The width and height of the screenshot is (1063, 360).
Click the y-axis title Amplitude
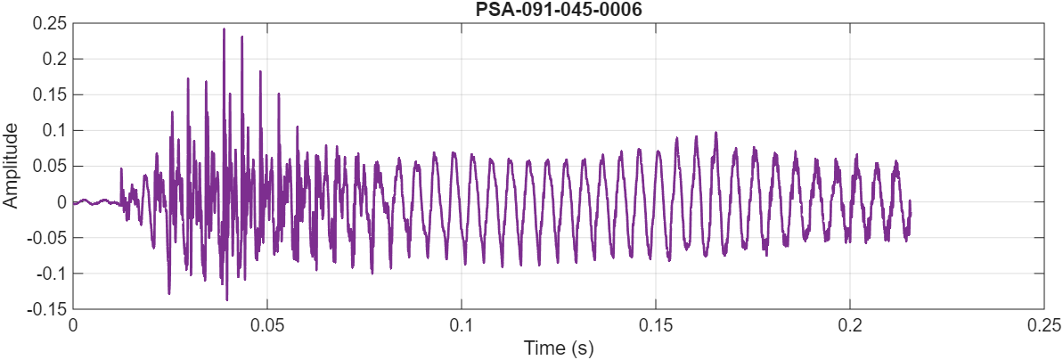[x=11, y=166]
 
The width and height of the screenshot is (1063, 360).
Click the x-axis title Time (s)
[x=558, y=346]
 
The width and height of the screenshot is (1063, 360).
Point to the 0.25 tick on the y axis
[x=51, y=23]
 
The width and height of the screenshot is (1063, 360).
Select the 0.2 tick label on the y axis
[x=55, y=59]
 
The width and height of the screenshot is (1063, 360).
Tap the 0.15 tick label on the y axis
[x=51, y=94]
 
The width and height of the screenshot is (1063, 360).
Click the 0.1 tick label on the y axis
[x=55, y=130]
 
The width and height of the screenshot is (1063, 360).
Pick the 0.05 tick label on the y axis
[x=51, y=166]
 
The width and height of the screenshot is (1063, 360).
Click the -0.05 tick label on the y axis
[x=49, y=237]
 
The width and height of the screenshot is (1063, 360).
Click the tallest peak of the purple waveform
[x=224, y=29]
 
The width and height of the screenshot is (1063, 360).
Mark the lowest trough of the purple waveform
[x=226, y=299]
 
